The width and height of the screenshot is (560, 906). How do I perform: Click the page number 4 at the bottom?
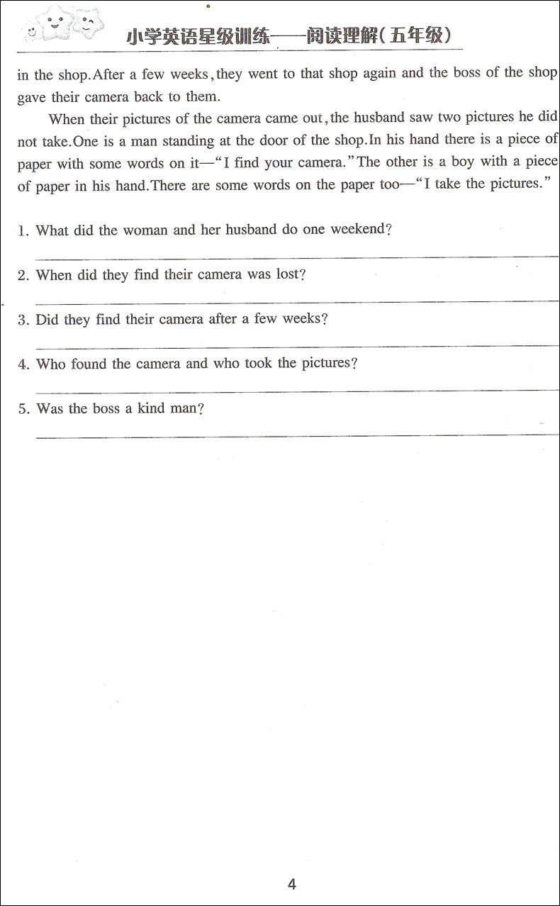point(291,884)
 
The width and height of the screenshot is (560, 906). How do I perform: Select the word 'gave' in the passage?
point(33,98)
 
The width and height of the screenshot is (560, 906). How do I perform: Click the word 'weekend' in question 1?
point(358,230)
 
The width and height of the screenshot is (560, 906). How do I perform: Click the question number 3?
point(23,320)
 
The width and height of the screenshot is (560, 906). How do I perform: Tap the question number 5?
point(23,409)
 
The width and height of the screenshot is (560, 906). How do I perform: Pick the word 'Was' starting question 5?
point(49,409)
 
